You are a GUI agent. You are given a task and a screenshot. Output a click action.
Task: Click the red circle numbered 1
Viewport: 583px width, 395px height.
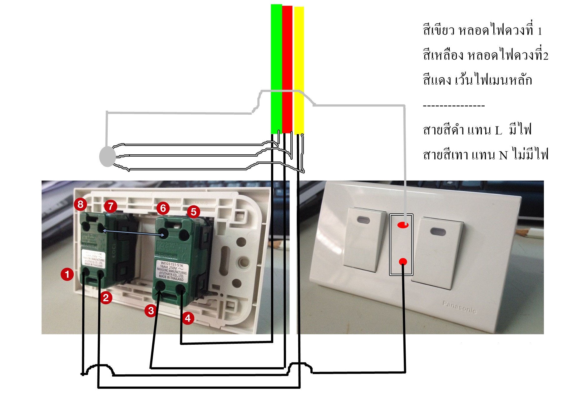67,274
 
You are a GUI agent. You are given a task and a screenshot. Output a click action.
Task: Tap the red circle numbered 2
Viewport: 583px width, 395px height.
106,297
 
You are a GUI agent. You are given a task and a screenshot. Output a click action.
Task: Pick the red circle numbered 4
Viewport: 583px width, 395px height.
188,318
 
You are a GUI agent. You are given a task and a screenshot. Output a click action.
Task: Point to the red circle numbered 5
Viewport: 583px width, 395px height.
194,212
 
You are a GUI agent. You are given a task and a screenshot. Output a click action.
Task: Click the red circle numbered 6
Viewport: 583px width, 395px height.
163,208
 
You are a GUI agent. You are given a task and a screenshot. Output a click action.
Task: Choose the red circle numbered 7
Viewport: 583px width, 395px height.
111,206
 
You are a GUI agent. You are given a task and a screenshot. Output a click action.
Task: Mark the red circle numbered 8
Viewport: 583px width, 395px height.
81,204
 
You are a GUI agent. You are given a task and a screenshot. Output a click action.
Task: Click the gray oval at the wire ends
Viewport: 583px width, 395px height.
107,156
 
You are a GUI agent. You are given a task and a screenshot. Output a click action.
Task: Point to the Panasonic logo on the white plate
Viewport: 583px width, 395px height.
459,307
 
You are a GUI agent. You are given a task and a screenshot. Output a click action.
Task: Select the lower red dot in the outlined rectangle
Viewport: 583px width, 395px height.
403,261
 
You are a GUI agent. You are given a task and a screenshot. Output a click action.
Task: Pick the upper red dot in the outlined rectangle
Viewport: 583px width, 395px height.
403,225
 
